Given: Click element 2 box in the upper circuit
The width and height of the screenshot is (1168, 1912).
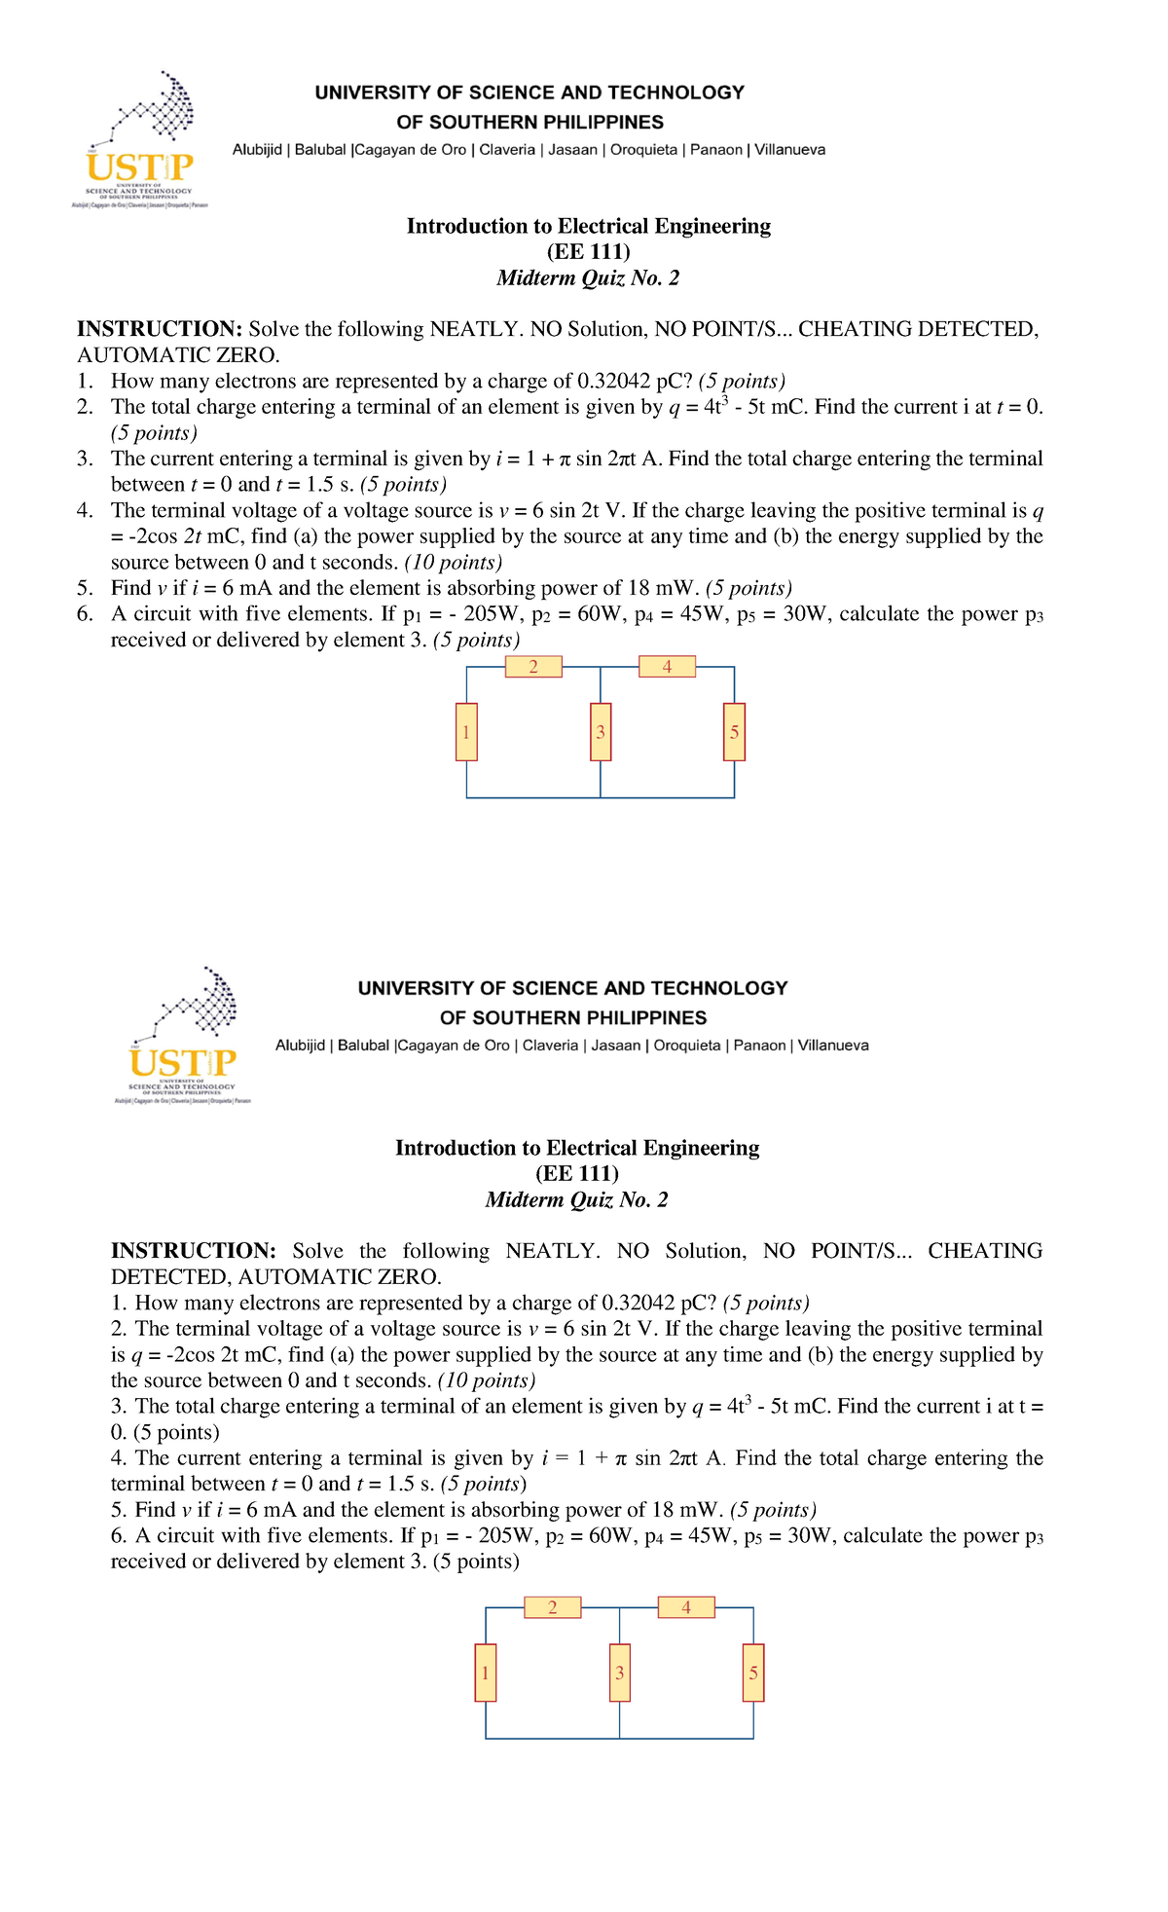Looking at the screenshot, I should tap(533, 667).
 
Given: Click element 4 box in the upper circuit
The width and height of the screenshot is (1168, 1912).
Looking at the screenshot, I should tap(667, 667).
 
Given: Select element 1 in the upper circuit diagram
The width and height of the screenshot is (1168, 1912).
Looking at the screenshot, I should tap(466, 732).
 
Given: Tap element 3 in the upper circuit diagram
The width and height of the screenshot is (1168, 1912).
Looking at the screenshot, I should tap(601, 732).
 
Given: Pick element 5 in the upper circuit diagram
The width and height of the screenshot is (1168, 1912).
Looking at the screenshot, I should tap(734, 732).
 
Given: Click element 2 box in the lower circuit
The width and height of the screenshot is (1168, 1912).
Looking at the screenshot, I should tap(552, 1607).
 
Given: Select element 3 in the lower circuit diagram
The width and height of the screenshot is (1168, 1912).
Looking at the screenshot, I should tap(619, 1673).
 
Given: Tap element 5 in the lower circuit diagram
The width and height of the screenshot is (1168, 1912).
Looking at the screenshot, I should tap(753, 1673).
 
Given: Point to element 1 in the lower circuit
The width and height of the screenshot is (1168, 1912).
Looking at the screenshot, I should tap(486, 1673).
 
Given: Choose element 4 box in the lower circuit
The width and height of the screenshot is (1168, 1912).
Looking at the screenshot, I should tap(686, 1607).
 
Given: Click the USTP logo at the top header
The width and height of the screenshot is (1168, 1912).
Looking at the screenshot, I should tap(140, 140).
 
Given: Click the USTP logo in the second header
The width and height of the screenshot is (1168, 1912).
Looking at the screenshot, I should tap(183, 1036).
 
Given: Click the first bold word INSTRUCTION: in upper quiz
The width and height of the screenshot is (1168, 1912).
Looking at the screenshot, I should tap(160, 329).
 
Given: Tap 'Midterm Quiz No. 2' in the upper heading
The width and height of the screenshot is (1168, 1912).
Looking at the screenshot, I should tap(588, 278).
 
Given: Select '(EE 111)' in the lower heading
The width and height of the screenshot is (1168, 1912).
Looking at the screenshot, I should tap(577, 1174).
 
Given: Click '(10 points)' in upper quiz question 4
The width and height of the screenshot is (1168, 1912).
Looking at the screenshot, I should tap(454, 563).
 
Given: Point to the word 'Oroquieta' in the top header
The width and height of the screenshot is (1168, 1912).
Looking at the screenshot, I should tap(643, 150).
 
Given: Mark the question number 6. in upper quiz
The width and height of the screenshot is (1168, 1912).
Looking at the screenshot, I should tap(86, 614).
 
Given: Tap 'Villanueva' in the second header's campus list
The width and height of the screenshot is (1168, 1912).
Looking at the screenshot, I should tap(833, 1046).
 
